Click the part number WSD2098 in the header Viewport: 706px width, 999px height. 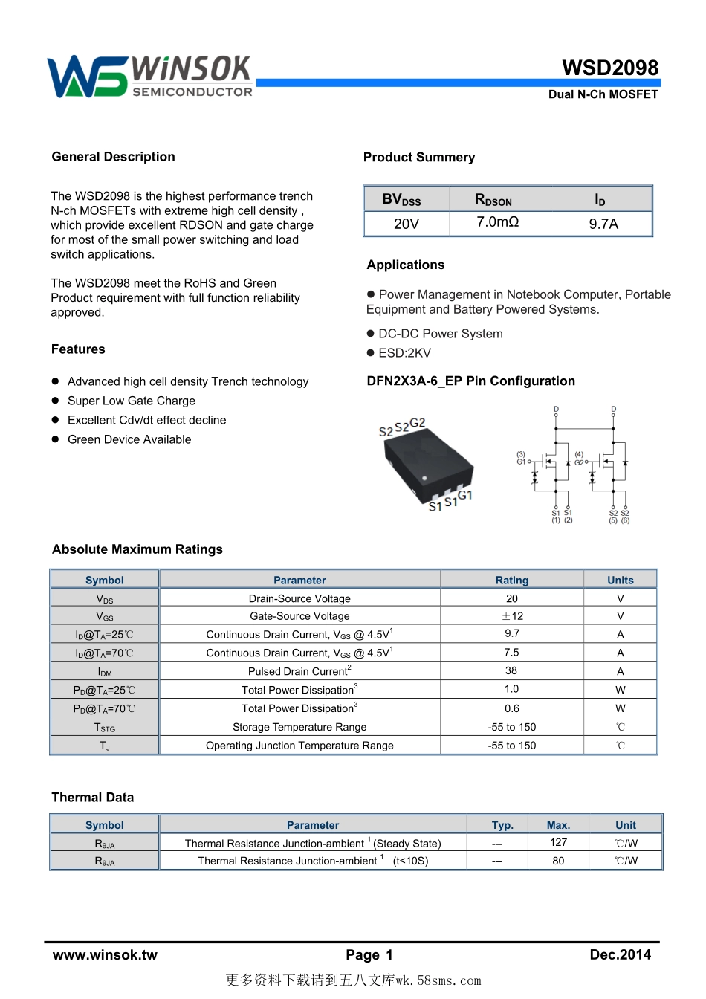coord(610,68)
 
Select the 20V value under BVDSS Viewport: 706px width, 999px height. coord(407,224)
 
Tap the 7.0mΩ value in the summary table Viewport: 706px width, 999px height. coord(498,222)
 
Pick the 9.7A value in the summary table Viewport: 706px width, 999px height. coord(603,224)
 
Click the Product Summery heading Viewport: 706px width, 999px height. coord(419,158)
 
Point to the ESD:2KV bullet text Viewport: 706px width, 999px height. coord(404,353)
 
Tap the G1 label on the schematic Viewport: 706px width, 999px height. coord(521,462)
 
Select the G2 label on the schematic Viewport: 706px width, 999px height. coord(579,462)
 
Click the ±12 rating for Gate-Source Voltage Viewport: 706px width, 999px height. coord(512,616)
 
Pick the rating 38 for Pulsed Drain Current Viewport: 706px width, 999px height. coord(511,670)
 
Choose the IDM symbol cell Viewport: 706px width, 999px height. coord(105,672)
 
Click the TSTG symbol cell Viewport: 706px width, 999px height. coord(105,728)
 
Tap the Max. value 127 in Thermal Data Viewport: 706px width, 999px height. coord(558,842)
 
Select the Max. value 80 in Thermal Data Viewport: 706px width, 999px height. coord(558,861)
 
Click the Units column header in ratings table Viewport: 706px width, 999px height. coord(621,581)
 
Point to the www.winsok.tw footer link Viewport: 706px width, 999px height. coord(105,955)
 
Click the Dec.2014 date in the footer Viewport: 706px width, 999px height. coord(620,955)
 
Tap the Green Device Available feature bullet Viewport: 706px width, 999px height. coord(129,439)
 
